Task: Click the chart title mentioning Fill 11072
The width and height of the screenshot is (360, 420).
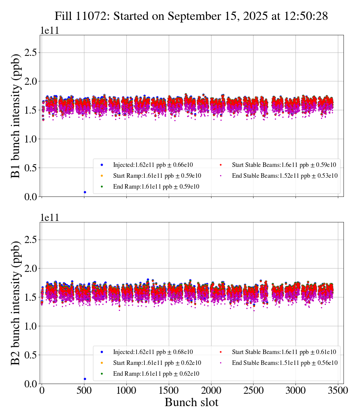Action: [x=191, y=16]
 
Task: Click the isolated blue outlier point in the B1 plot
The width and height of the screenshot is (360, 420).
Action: [x=85, y=192]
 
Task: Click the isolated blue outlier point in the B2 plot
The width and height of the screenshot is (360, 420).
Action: [x=85, y=379]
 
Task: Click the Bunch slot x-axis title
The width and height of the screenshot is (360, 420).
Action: [x=191, y=403]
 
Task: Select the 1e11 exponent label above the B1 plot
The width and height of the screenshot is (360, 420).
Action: [x=49, y=31]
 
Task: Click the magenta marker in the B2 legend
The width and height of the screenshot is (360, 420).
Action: [x=221, y=363]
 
